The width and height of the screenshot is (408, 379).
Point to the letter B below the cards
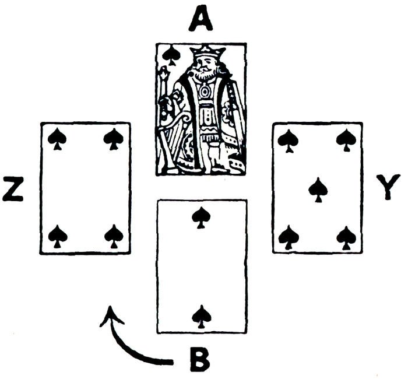(200, 359)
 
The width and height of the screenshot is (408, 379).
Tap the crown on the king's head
(207, 52)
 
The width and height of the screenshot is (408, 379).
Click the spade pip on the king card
(171, 55)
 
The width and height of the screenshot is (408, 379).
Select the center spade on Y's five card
(318, 189)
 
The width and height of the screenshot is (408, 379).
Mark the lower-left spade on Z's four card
(57, 236)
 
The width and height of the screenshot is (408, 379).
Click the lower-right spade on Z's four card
(113, 236)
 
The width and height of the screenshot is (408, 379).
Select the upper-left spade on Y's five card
(289, 140)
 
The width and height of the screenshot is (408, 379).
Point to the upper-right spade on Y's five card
(346, 140)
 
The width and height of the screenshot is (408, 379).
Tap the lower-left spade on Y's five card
(289, 237)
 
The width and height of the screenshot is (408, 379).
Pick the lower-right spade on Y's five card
(346, 237)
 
